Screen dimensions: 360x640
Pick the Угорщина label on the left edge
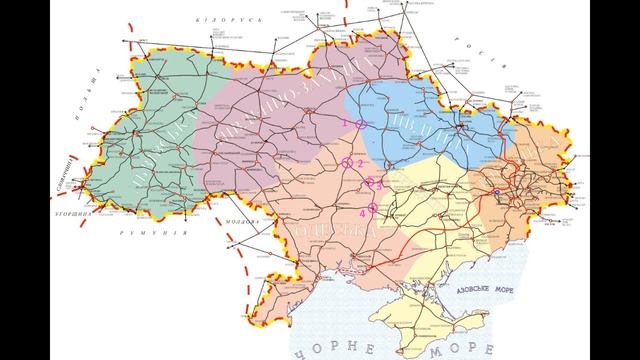pyautogui.click(x=73, y=213)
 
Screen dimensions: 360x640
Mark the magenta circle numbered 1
pyautogui.click(x=360, y=122)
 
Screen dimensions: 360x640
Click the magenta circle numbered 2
pyautogui.click(x=347, y=161)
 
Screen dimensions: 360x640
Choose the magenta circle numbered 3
pyautogui.click(x=370, y=183)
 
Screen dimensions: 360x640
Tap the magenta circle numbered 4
pyautogui.click(x=372, y=208)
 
